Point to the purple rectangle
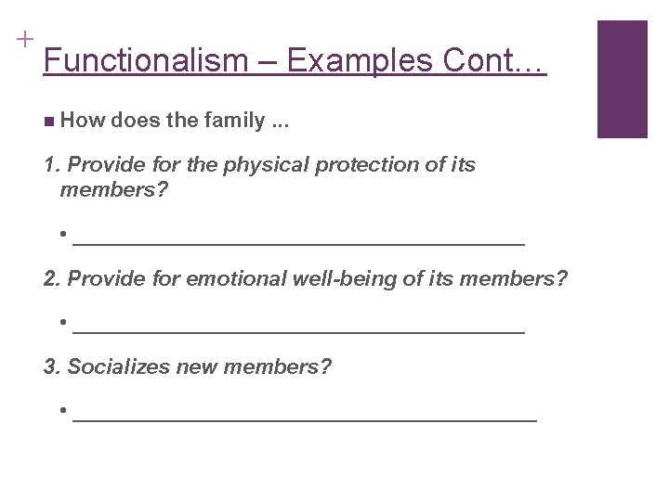pyautogui.click(x=622, y=79)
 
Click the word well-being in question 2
pyautogui.click(x=335, y=279)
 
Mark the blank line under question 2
pyautogui.click(x=298, y=329)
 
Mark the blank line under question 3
pyautogui.click(x=304, y=418)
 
